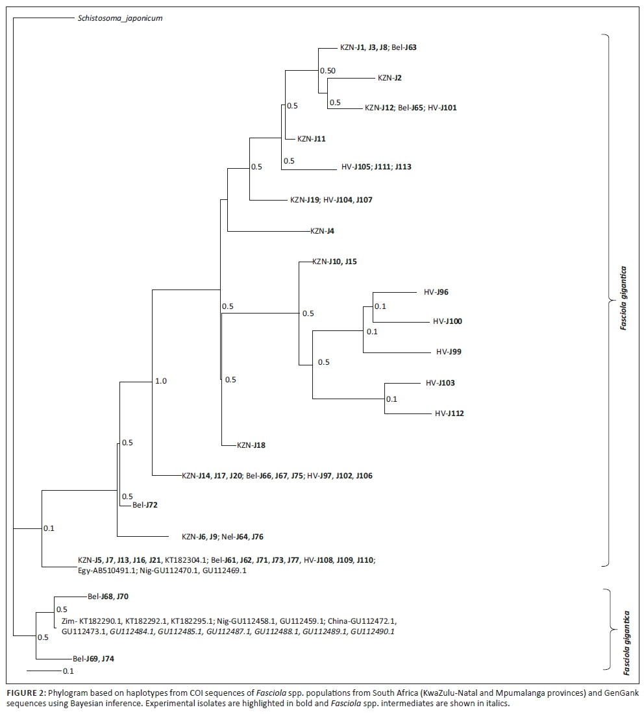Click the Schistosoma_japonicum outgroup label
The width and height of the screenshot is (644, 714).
(116, 18)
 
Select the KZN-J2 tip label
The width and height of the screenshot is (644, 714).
(390, 78)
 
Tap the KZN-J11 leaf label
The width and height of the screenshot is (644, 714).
(312, 139)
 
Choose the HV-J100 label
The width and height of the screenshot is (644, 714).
(447, 321)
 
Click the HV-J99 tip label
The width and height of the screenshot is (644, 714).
(449, 352)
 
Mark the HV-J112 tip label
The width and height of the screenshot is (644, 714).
(449, 413)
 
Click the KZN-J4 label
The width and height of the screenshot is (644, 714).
(323, 230)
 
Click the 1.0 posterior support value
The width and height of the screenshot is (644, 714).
(160, 381)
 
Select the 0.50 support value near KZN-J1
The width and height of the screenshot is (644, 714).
(328, 70)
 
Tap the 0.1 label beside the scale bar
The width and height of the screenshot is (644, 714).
(68, 671)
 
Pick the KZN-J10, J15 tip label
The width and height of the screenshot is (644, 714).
(334, 262)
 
